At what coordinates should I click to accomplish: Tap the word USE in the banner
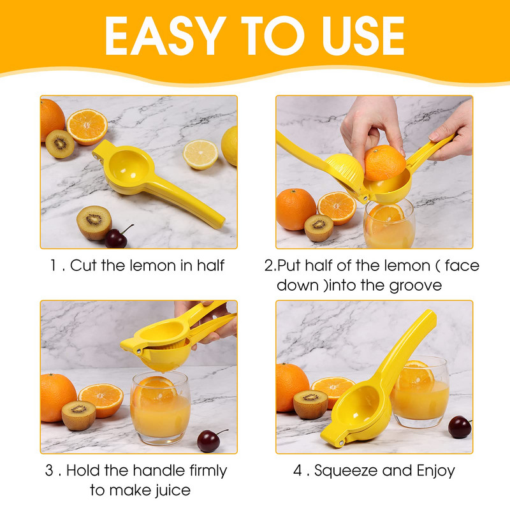(x=363, y=36)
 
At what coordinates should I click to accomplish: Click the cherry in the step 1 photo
(x=116, y=238)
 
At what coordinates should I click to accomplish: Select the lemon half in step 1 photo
(x=200, y=154)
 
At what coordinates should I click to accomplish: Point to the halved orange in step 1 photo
(x=87, y=127)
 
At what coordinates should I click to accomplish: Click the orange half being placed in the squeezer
(x=385, y=163)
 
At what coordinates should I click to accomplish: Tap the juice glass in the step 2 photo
(x=389, y=224)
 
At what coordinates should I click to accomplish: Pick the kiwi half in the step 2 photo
(x=319, y=228)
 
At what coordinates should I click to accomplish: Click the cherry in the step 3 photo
(x=208, y=441)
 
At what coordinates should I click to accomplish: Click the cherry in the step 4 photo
(x=460, y=426)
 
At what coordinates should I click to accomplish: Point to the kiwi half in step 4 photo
(x=310, y=404)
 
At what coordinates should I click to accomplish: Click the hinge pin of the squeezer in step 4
(x=342, y=442)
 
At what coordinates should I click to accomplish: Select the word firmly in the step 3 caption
(x=208, y=470)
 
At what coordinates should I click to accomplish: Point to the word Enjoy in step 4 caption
(x=435, y=471)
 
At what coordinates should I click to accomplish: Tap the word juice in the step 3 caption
(x=172, y=491)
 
